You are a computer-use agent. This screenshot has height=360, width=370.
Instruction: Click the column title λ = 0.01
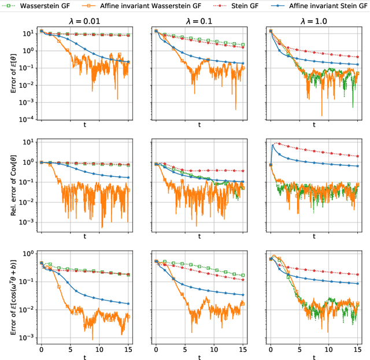click(x=84, y=23)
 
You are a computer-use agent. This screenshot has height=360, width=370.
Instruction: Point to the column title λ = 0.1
click(x=199, y=23)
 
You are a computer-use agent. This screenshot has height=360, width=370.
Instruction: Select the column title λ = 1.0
click(x=314, y=23)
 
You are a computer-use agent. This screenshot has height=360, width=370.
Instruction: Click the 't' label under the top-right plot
click(x=314, y=126)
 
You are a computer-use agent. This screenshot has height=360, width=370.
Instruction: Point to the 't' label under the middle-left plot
click(x=84, y=236)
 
